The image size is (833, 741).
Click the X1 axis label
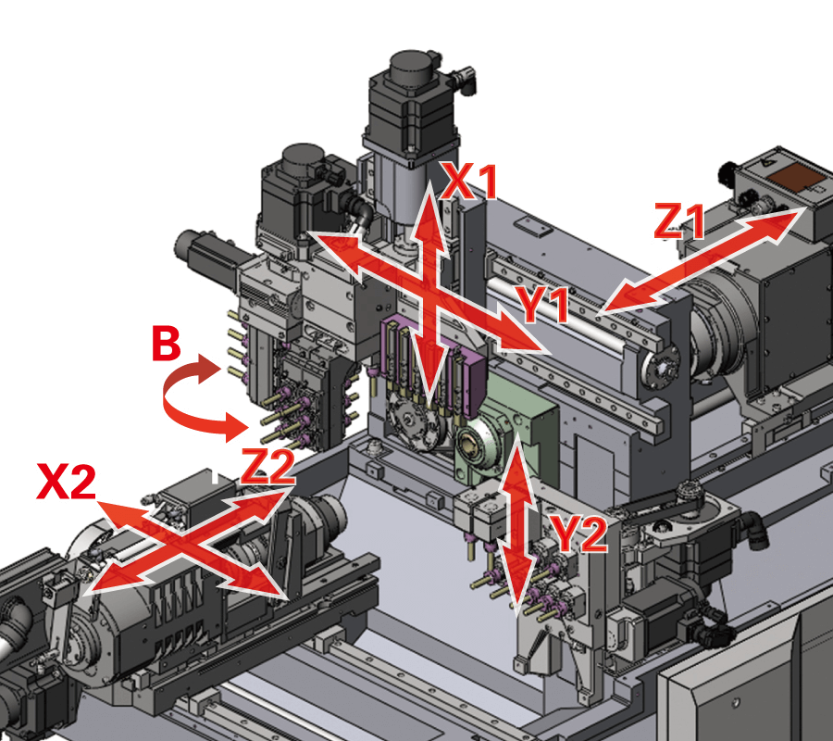pyautogui.click(x=470, y=182)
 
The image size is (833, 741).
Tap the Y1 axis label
pyautogui.click(x=543, y=305)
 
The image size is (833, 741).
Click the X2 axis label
pyautogui.click(x=67, y=481)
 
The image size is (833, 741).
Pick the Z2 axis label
pyautogui.click(x=267, y=467)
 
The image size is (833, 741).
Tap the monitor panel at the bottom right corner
pyautogui.click(x=750, y=676)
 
